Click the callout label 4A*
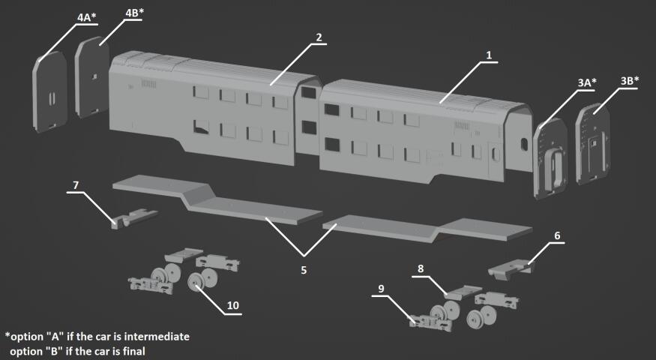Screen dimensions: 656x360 pyautogui.click(x=87, y=17)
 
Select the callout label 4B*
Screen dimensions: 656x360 pyautogui.click(x=134, y=13)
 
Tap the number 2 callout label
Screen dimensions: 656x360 pyautogui.click(x=319, y=37)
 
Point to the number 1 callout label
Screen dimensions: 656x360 pyautogui.click(x=489, y=55)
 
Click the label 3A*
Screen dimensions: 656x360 pyautogui.click(x=587, y=83)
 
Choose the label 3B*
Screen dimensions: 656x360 pyautogui.click(x=630, y=81)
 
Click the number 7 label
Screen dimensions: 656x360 pyautogui.click(x=76, y=185)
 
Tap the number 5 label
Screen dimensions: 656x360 pyautogui.click(x=304, y=270)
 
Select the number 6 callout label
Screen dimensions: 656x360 pyautogui.click(x=557, y=235)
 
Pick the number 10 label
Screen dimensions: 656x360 pyautogui.click(x=232, y=305)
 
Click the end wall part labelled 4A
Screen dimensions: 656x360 pyautogui.click(x=49, y=91)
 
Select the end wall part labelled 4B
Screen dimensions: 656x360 pyautogui.click(x=92, y=77)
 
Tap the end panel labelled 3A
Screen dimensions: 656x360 pyautogui.click(x=550, y=158)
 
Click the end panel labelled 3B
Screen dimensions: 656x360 pyautogui.click(x=593, y=144)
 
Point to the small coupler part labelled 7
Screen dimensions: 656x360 pyautogui.click(x=134, y=218)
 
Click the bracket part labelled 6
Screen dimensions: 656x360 pyautogui.click(x=510, y=269)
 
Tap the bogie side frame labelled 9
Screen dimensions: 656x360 pyautogui.click(x=431, y=323)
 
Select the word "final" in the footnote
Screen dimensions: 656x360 pyautogui.click(x=133, y=351)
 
